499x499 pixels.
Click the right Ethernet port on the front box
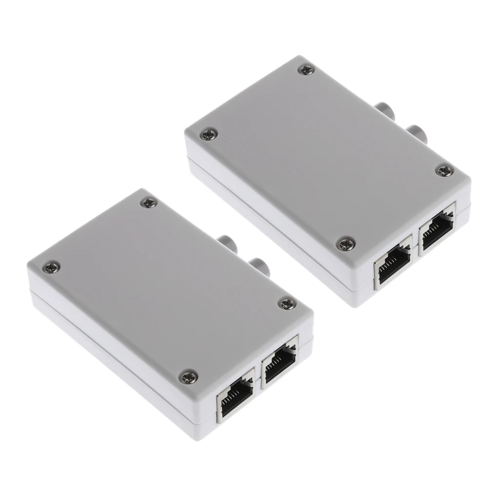point(279,365)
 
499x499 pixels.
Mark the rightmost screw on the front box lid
point(285,304)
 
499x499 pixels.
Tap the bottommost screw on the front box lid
point(186,375)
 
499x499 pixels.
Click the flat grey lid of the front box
point(166,288)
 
